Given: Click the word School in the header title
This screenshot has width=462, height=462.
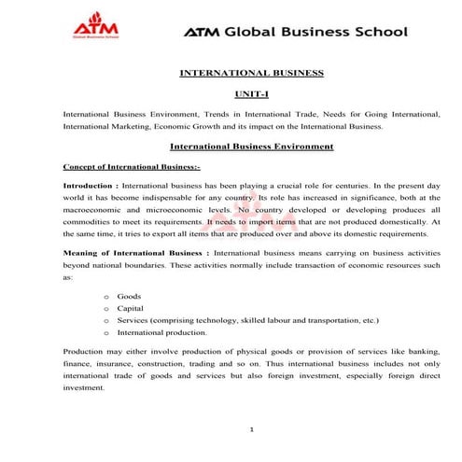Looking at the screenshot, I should click(x=374, y=32).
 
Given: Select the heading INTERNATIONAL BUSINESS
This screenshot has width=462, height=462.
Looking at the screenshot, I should click(x=250, y=72).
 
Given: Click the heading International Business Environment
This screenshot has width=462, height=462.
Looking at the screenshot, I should click(x=251, y=147).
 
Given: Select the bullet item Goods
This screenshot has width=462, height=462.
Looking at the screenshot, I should click(x=129, y=296).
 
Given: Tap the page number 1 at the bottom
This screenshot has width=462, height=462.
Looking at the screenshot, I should click(x=252, y=430).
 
